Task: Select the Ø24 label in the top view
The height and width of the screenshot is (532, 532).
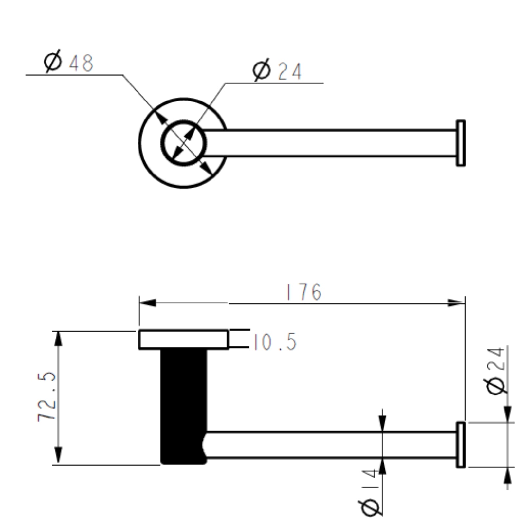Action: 277,70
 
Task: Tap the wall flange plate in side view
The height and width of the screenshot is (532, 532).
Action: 183,340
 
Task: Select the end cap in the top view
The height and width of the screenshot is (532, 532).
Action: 461,143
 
